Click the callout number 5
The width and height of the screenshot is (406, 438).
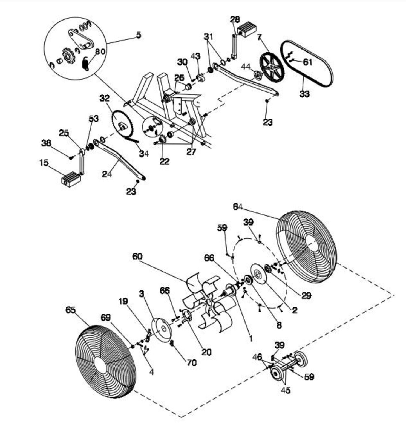click(x=139, y=35)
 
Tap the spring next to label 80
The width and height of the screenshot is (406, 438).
click(x=86, y=64)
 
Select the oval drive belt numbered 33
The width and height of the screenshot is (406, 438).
click(x=307, y=64)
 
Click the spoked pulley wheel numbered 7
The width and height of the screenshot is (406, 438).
click(x=272, y=67)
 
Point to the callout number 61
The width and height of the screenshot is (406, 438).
click(x=307, y=62)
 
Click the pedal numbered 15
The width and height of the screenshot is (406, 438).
click(x=70, y=179)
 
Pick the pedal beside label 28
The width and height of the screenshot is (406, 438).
click(x=247, y=29)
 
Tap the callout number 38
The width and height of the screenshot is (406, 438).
click(x=46, y=143)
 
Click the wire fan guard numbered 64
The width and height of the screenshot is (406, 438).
click(x=306, y=247)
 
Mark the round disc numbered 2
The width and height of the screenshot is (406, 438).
click(x=259, y=275)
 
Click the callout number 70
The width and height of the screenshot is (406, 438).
click(x=192, y=362)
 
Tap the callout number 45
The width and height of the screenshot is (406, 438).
click(x=285, y=390)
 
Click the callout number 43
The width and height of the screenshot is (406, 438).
click(x=195, y=56)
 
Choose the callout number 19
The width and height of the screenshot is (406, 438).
click(x=123, y=301)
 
